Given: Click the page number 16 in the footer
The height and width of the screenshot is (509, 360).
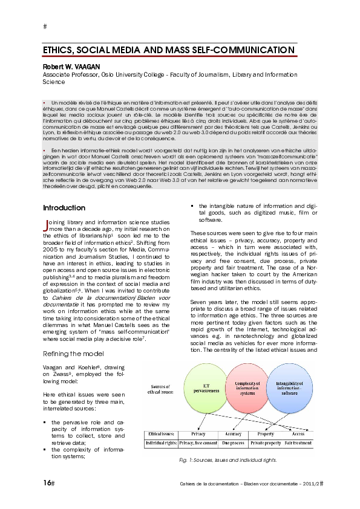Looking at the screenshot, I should [47, 482].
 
